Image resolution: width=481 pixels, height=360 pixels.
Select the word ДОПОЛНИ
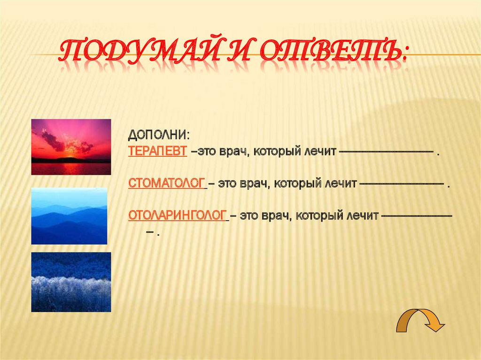pyautogui.click(x=159, y=135)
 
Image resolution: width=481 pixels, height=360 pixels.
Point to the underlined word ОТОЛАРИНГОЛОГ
pyautogui.click(x=178, y=216)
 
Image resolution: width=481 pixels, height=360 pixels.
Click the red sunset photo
pyautogui.click(x=71, y=147)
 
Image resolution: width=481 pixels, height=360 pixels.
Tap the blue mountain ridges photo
pyautogui.click(x=69, y=216)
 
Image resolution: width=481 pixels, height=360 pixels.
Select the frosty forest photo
pyautogui.click(x=71, y=282)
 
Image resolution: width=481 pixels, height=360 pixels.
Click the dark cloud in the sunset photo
pyautogui.click(x=52, y=140)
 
